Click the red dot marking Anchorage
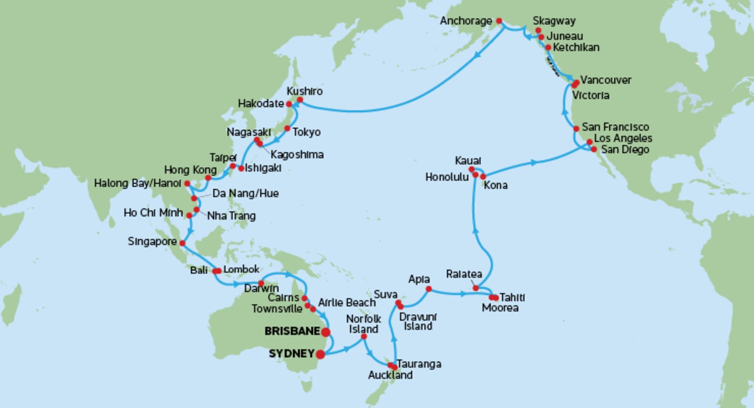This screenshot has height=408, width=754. click(x=499, y=21)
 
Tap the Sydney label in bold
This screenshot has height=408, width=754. click(x=291, y=353)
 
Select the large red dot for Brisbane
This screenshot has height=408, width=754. click(x=326, y=332)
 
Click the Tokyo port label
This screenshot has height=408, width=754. click(x=306, y=132)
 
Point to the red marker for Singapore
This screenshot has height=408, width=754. click(x=182, y=243)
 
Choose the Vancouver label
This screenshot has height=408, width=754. click(x=606, y=80)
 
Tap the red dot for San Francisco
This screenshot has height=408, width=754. click(x=576, y=129)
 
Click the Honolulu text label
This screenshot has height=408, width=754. click(x=447, y=177)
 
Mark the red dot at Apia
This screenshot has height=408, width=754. click(x=428, y=289)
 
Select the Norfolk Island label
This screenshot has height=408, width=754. click(x=363, y=324)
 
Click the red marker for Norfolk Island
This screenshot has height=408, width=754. click(x=364, y=336)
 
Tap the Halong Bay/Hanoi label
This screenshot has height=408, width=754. click(x=137, y=183)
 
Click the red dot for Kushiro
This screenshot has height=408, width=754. click(x=300, y=100)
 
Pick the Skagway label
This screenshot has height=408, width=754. click(x=554, y=21)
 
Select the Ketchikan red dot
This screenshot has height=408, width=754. click(x=548, y=47)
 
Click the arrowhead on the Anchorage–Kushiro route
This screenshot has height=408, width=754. click(x=477, y=55)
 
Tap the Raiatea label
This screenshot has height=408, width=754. click(x=464, y=274)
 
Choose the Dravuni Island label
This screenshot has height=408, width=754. click(x=418, y=321)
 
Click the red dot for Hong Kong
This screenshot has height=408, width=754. click(x=208, y=178)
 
